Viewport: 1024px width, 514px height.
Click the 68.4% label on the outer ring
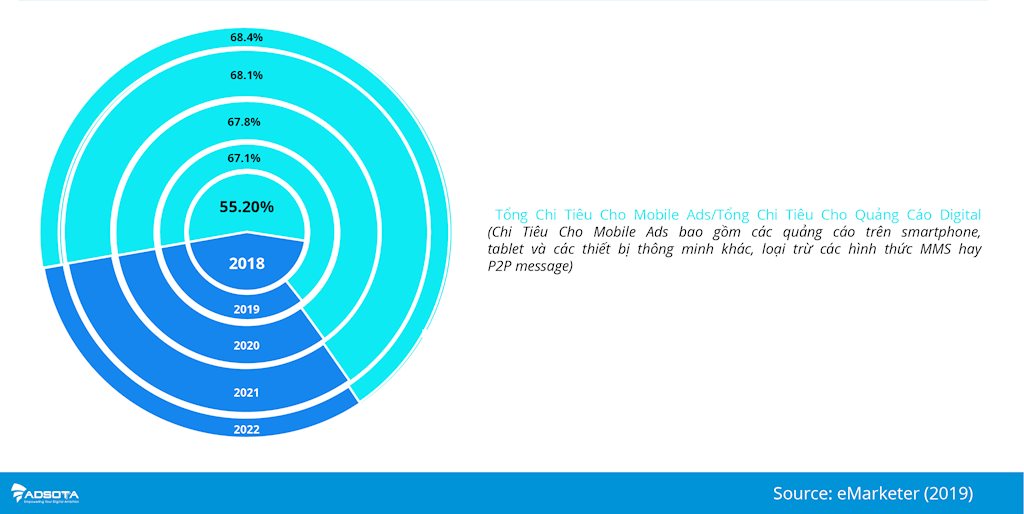pos(246,37)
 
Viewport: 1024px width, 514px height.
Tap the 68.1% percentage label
pos(246,75)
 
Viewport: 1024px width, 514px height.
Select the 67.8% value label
pos(244,121)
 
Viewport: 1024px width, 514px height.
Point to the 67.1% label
pos(244,158)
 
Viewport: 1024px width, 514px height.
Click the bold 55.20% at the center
pos(246,207)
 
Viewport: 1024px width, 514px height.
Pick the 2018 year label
pos(247,264)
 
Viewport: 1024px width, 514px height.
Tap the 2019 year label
pos(247,310)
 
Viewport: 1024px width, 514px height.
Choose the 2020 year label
pos(247,345)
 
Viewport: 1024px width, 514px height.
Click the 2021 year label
pos(247,393)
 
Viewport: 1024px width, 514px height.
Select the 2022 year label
pos(247,430)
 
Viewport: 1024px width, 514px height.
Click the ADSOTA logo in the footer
pos(45,493)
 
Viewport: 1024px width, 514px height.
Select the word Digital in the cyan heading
pos(960,215)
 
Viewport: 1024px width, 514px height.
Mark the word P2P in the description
pos(498,267)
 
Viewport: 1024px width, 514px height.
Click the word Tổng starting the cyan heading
pos(511,216)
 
